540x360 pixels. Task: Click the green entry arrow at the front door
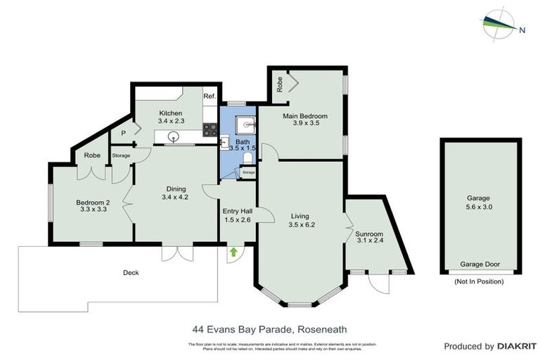[232, 252]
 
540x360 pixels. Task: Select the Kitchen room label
[171, 113]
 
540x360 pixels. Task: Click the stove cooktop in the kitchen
[210, 129]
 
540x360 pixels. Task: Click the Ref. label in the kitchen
[209, 96]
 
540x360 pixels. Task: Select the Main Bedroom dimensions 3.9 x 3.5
[306, 124]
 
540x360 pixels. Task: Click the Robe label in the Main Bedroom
[279, 84]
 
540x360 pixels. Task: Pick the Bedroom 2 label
[94, 202]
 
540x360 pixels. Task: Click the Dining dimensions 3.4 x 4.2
[175, 198]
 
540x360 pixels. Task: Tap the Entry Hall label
[237, 211]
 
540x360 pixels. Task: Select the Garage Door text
[480, 265]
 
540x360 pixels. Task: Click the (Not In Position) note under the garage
[480, 283]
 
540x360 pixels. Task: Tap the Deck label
[131, 273]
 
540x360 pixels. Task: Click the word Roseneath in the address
[322, 329]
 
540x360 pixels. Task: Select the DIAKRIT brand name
[517, 347]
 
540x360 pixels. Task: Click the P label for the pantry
[123, 133]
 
